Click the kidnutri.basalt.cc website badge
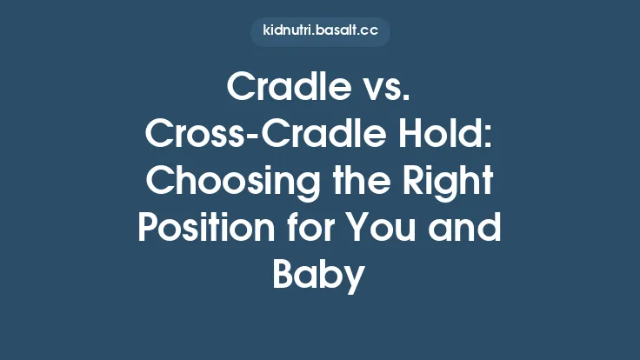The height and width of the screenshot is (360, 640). coord(320,31)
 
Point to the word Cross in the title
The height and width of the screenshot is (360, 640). coord(187,135)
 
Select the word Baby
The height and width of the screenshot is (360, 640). coord(318,277)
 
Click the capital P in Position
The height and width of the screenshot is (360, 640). coord(149,230)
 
